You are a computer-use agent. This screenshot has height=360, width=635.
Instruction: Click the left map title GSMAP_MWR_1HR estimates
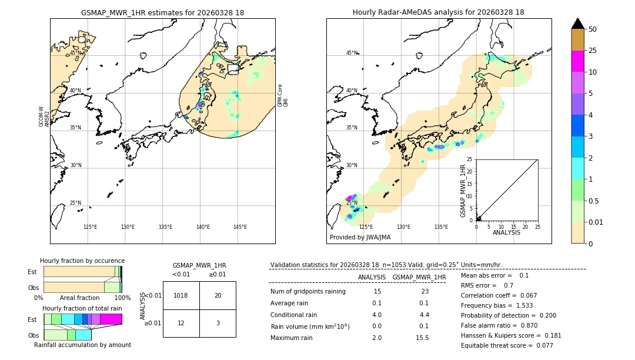click(162, 12)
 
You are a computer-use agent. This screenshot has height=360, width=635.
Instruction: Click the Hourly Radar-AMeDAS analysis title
click(438, 12)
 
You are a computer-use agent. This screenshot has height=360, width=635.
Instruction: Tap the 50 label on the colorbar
click(593, 29)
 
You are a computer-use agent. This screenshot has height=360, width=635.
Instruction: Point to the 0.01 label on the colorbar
click(596, 222)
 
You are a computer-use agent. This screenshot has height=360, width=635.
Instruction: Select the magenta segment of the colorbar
click(578, 61)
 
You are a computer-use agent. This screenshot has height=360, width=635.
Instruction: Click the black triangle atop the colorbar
click(578, 24)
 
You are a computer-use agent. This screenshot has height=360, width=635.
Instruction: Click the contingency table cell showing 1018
click(181, 295)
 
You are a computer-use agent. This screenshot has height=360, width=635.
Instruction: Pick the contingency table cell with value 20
click(218, 295)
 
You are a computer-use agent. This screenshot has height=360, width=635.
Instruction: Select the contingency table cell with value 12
click(181, 323)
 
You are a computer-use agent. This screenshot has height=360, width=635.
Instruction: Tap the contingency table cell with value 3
click(218, 323)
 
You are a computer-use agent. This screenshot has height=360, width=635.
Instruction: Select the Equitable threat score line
click(507, 346)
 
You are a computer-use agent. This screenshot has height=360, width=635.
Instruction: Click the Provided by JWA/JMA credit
click(360, 238)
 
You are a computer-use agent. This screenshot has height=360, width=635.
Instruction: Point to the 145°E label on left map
click(240, 227)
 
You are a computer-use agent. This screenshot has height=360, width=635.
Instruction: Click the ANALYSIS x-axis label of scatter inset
click(506, 233)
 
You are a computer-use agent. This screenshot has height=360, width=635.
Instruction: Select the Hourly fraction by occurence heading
click(82, 261)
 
